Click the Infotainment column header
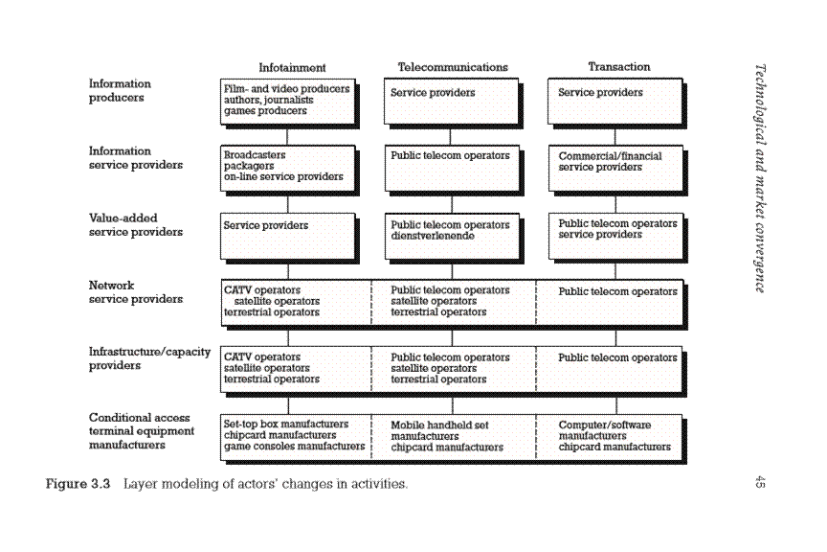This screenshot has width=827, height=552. click(x=292, y=67)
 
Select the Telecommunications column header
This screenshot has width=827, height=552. click(x=453, y=67)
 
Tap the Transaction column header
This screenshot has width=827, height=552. click(x=618, y=67)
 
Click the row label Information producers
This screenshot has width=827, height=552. click(x=120, y=90)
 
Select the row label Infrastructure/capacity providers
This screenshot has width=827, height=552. click(x=149, y=358)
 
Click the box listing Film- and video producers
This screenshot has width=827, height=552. click(x=287, y=100)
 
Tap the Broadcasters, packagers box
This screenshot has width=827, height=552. click(x=287, y=167)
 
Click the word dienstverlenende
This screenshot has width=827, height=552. click(x=433, y=235)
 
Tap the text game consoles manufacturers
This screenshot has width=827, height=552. click(x=294, y=447)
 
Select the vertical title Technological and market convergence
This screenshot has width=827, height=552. click(x=760, y=178)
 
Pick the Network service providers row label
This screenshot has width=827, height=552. click(x=135, y=291)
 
